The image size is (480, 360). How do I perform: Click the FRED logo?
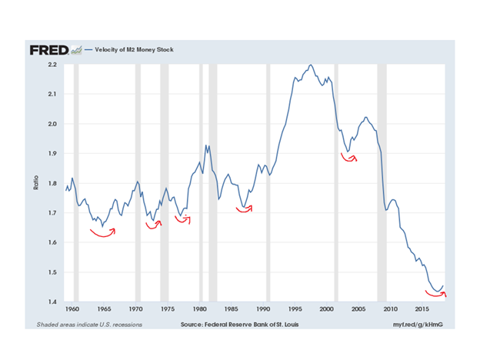pyautogui.click(x=49, y=50)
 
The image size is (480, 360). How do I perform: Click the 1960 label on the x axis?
pyautogui.click(x=72, y=308)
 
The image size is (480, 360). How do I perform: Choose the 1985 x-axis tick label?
pyautogui.click(x=231, y=308)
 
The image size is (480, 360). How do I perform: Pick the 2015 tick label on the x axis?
pyautogui.click(x=422, y=308)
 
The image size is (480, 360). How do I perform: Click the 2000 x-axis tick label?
pyautogui.click(x=326, y=308)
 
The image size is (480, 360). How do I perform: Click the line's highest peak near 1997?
pyautogui.click(x=310, y=65)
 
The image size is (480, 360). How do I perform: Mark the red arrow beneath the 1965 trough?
pyautogui.click(x=102, y=234)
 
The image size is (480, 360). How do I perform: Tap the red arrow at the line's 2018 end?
pyautogui.click(x=437, y=292)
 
